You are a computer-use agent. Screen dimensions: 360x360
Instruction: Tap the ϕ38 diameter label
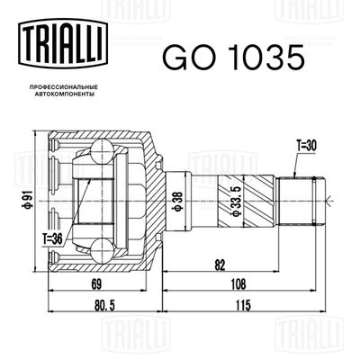178,201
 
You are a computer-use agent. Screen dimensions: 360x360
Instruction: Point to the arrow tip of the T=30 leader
295,175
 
